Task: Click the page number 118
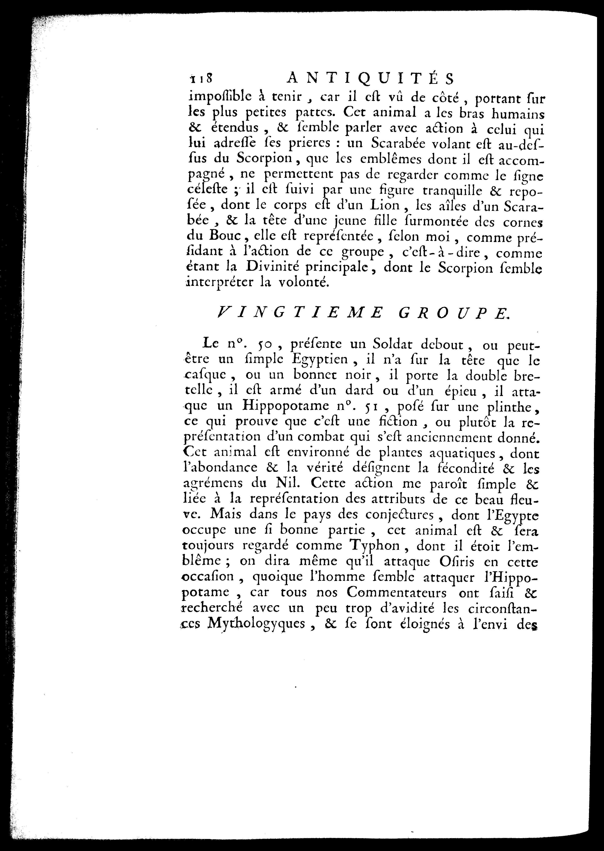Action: [x=201, y=79]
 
